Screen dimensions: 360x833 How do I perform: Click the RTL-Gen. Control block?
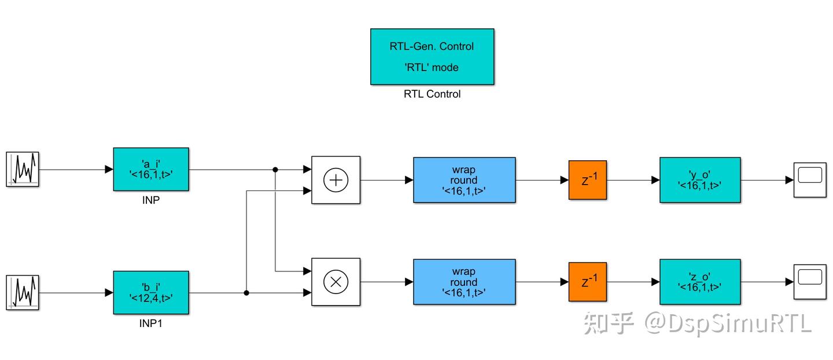[x=432, y=57]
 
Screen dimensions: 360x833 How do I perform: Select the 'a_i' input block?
[x=150, y=169]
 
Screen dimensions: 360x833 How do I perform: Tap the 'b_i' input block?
[x=150, y=293]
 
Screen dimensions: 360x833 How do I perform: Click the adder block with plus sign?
[x=336, y=180]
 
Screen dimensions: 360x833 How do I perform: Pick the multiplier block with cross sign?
[x=336, y=282]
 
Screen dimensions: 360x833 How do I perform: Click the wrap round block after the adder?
[x=464, y=180]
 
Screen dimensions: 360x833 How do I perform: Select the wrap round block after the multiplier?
[x=464, y=282]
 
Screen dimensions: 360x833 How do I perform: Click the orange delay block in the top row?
[x=587, y=180]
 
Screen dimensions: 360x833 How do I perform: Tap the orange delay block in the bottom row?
[x=587, y=282]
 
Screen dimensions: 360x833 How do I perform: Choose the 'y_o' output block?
[x=700, y=180]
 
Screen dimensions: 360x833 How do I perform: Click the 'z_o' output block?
[x=700, y=282]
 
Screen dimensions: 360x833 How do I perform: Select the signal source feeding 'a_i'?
[x=23, y=169]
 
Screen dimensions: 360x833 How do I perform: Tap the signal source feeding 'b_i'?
[x=23, y=293]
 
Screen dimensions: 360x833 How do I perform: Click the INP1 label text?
[x=150, y=324]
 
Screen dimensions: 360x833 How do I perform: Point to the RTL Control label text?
[x=432, y=94]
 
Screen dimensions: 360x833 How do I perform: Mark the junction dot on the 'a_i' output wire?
[x=275, y=170]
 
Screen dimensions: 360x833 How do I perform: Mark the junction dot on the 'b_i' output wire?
[x=246, y=293]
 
